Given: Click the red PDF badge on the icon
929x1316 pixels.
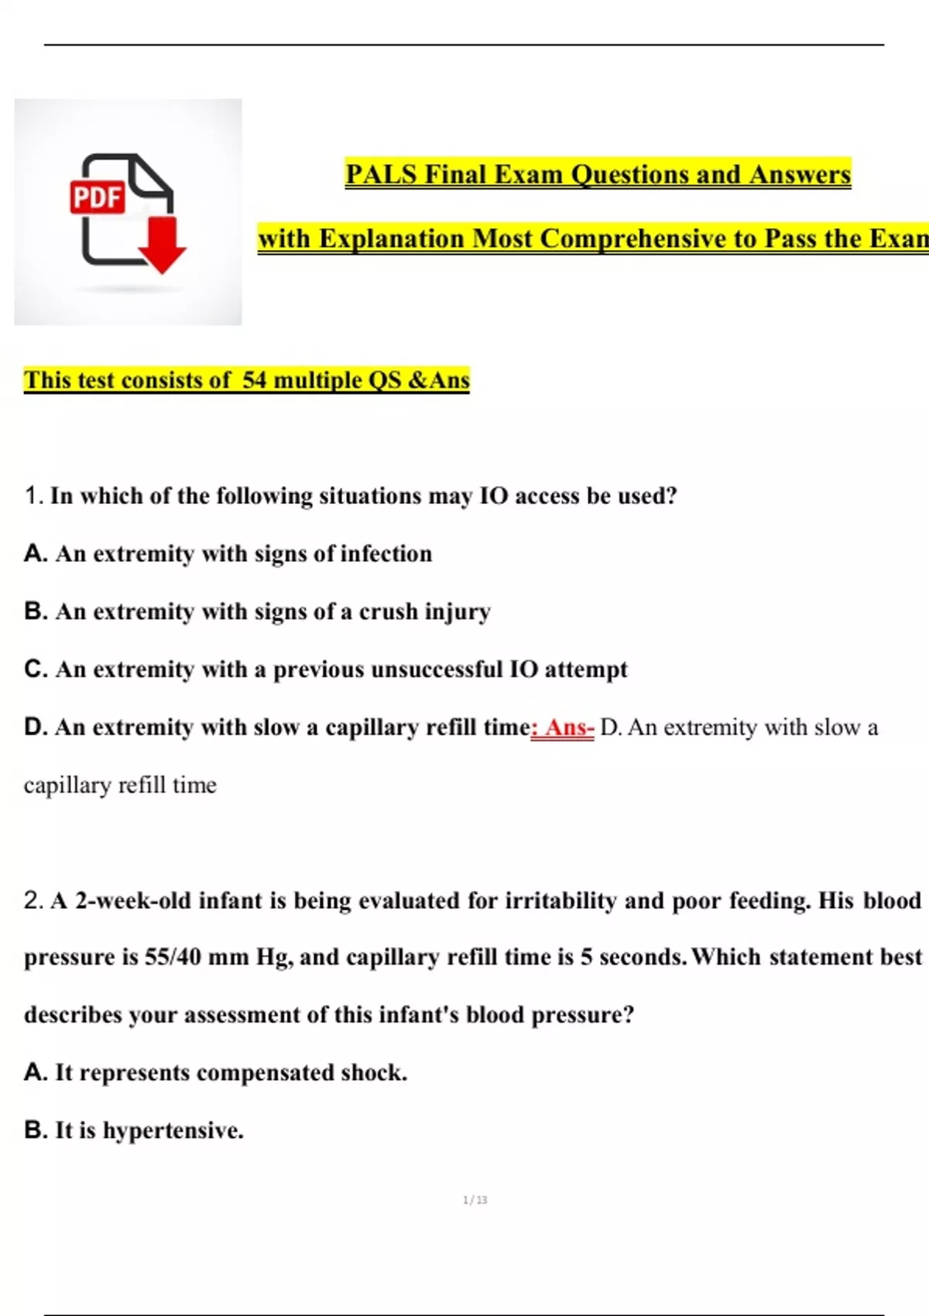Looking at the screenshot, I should click(x=98, y=197).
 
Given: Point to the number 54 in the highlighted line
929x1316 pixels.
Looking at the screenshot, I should click(x=255, y=380).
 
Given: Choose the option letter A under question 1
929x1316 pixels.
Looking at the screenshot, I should click(x=34, y=553).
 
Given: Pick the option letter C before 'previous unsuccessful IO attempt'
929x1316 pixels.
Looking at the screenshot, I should click(x=35, y=669).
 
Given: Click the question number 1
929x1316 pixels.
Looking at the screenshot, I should click(x=32, y=495).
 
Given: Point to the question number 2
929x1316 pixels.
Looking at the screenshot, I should click(x=33, y=900).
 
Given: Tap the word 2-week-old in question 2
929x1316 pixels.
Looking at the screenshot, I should click(x=132, y=900).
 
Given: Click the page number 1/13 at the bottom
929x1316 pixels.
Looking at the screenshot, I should click(x=475, y=1200).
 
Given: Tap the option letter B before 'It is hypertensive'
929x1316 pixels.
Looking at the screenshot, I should click(x=35, y=1130).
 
